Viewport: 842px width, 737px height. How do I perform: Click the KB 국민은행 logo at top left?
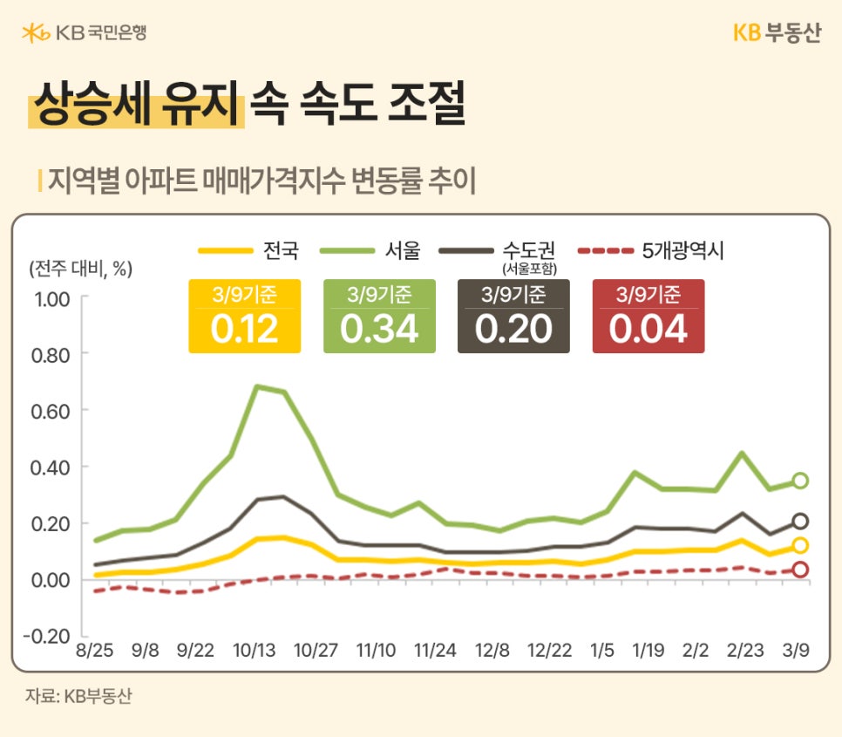84,33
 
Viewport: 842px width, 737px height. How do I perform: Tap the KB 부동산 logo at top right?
776,33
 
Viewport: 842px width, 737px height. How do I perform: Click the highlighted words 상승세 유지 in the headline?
135,106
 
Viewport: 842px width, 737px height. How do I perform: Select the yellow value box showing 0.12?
244,317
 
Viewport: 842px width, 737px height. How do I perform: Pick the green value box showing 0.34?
379,317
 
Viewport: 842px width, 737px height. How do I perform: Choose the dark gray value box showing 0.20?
513,317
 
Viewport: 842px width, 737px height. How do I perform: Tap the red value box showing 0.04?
648,317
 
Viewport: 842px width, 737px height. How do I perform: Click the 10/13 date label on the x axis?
255,652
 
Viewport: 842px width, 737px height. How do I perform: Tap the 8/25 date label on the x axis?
94,652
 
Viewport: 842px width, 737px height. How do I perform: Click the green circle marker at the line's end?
799,481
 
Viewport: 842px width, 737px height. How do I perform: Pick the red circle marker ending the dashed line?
799,570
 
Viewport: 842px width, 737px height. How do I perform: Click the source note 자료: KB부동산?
78,697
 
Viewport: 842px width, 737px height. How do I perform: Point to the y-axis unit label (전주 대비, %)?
80,268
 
